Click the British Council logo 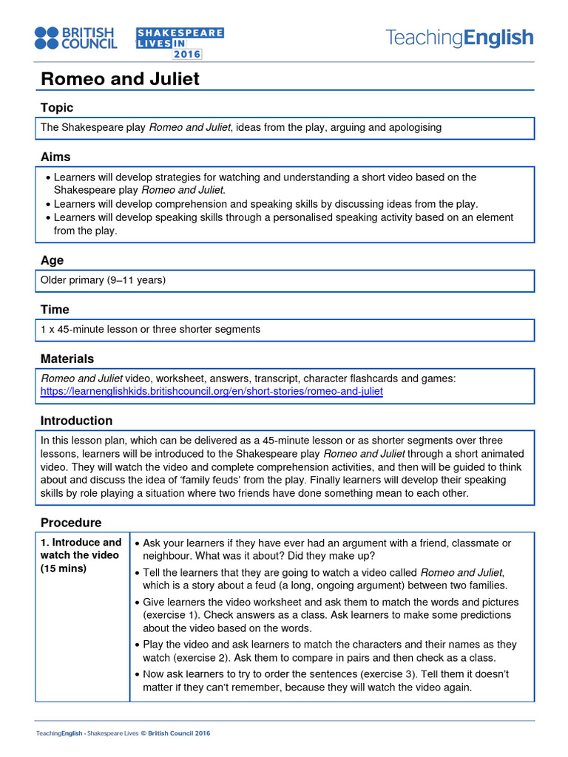tap(75, 38)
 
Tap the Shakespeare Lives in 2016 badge tap(180, 43)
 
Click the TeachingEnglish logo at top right tap(459, 38)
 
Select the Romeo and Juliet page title tap(119, 78)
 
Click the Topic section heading tap(57, 108)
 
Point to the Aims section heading tap(55, 157)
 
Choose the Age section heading tap(52, 260)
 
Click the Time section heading tap(55, 309)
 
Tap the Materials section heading tap(67, 359)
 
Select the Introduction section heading tap(76, 421)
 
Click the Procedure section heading tap(70, 523)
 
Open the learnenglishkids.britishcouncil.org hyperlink tap(212, 391)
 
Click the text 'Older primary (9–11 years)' tap(103, 280)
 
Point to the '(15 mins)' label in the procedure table tap(64, 568)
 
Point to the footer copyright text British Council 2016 tap(179, 733)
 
